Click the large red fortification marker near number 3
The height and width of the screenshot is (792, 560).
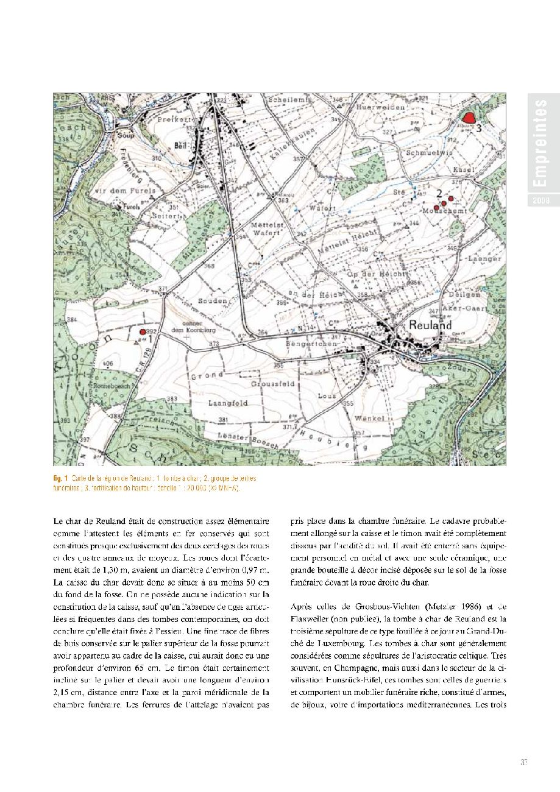pyautogui.click(x=469, y=118)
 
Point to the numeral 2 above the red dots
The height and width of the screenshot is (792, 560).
pyautogui.click(x=439, y=193)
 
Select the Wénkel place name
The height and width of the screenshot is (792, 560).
pyautogui.click(x=367, y=419)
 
